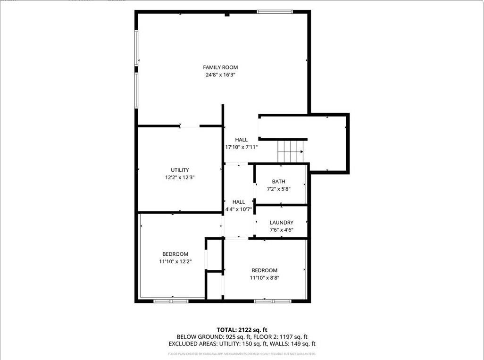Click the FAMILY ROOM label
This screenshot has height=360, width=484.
click(x=220, y=67)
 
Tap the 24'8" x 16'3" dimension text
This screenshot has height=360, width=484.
click(x=220, y=75)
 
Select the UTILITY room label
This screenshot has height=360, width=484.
click(x=180, y=170)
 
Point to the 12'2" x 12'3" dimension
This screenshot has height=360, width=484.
click(x=180, y=177)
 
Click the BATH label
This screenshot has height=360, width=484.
click(x=278, y=182)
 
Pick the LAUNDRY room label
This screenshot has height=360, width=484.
click(x=282, y=223)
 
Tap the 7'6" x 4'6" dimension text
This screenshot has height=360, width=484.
click(x=282, y=230)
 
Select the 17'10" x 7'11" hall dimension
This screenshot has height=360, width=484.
click(x=241, y=147)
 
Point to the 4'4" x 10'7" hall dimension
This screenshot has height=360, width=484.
click(x=239, y=209)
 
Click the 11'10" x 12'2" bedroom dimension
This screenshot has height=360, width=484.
click(x=175, y=261)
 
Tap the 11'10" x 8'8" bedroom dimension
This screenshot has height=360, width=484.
click(x=264, y=277)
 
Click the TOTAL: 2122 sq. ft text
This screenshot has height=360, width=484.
click(x=242, y=330)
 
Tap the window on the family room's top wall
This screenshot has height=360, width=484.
click(x=275, y=12)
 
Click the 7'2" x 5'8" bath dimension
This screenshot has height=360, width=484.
click(x=278, y=189)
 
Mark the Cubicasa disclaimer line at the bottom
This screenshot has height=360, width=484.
click(x=242, y=353)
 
